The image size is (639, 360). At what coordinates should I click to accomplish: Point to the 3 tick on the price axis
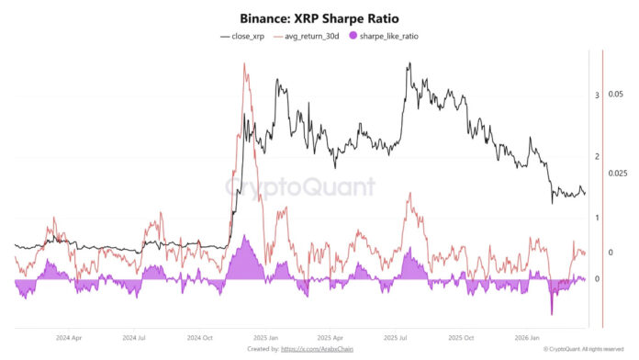[597, 95]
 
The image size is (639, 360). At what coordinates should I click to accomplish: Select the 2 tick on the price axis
[597, 156]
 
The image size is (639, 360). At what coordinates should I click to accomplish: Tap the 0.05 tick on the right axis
[616, 95]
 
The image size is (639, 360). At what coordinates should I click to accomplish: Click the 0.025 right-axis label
[618, 174]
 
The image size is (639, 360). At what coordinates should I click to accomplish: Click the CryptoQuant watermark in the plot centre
[301, 187]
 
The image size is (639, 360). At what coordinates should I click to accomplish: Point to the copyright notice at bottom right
[583, 350]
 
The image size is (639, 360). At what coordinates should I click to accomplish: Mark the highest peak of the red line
[244, 63]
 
